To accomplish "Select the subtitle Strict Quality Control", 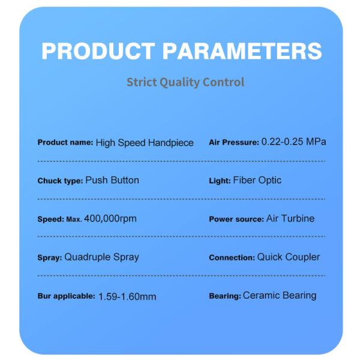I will click(x=185, y=82).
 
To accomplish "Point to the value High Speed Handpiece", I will click(x=145, y=143).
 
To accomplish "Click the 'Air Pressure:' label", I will click(x=234, y=143).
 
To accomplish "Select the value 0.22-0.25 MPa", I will click(x=294, y=142).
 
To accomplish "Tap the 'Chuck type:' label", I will click(x=60, y=181).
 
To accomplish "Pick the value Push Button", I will click(x=112, y=180).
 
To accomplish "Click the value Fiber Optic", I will click(x=257, y=180).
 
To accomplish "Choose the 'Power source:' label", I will click(x=236, y=219).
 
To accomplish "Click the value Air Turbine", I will click(x=290, y=218).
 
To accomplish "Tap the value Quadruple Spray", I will click(x=101, y=257).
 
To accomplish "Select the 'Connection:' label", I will click(x=232, y=257).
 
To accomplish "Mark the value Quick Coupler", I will click(x=289, y=257).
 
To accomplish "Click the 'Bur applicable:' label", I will click(x=66, y=296).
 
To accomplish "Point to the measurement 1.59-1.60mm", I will click(x=127, y=296).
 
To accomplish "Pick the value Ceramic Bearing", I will click(x=280, y=295).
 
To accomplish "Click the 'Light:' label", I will click(x=220, y=181).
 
